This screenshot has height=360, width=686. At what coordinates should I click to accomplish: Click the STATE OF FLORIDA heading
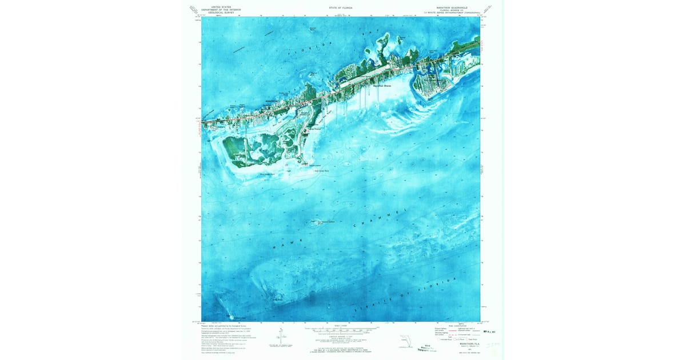click(341, 8)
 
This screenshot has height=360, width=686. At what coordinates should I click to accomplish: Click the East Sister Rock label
click(322, 170)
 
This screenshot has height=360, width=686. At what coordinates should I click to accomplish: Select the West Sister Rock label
click(267, 174)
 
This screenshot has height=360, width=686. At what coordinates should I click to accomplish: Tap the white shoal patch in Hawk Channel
click(316, 222)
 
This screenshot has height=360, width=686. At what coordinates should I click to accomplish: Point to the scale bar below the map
click(341, 330)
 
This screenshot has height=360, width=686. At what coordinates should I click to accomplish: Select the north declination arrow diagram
click(281, 337)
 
